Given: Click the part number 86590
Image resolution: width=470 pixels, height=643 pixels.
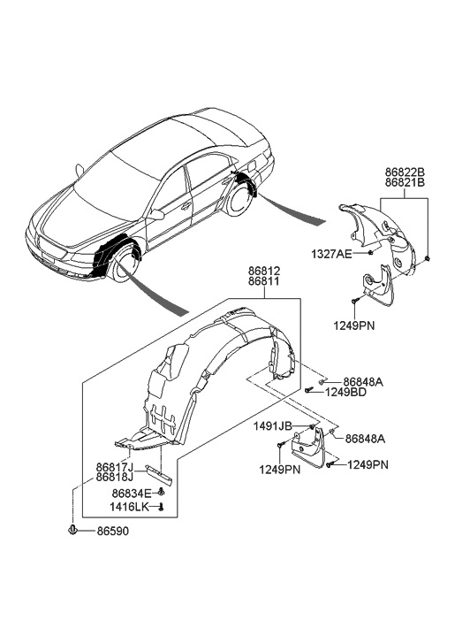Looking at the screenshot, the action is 113,531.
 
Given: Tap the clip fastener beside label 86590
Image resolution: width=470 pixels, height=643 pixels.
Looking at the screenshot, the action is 72,530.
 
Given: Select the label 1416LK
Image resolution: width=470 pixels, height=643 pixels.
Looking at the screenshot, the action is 128,507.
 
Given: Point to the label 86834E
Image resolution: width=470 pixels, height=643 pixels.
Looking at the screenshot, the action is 132,494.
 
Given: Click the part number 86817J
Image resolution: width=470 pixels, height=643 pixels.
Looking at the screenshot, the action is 115,468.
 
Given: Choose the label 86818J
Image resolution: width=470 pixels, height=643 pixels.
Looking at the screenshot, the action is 115,478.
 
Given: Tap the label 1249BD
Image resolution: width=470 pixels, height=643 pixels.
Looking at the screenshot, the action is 345,392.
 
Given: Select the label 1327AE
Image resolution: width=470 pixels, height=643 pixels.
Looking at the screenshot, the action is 331,254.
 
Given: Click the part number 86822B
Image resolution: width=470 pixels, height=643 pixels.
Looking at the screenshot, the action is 405,172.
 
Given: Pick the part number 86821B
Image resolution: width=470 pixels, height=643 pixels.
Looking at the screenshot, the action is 405,182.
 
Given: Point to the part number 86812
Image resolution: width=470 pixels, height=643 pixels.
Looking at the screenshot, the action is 264,271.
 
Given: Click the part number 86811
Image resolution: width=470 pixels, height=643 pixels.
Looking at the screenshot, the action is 264,281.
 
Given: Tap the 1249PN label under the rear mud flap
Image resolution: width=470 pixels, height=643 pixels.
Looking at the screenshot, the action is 353,326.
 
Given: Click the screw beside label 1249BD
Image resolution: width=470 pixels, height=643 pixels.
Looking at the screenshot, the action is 309,389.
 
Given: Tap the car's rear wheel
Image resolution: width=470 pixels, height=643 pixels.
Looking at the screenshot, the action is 238,201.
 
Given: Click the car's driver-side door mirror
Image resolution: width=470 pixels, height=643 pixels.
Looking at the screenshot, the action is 155,215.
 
